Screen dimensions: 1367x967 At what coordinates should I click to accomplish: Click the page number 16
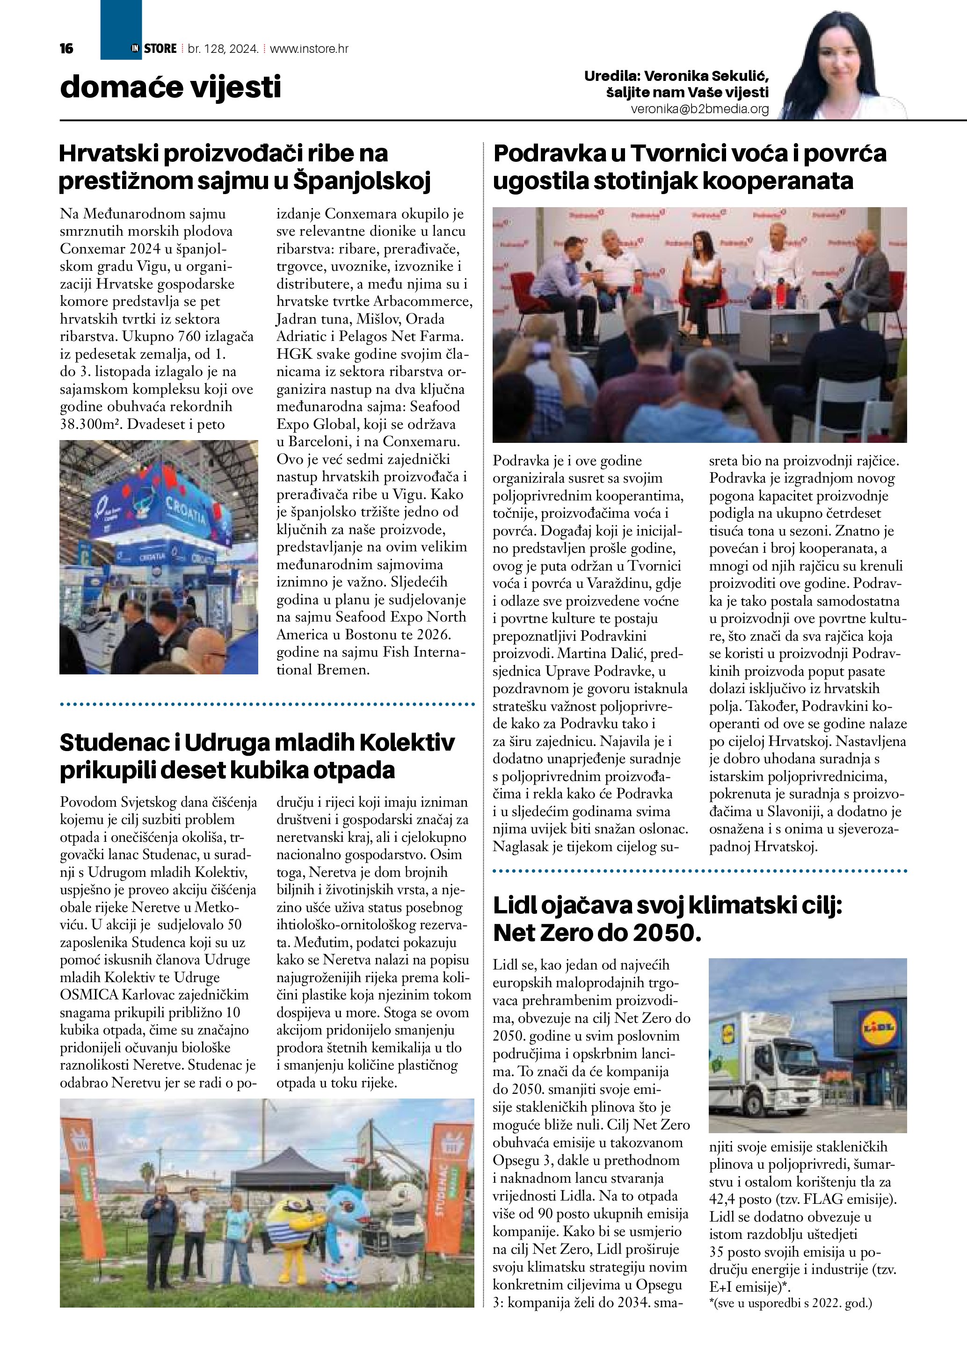66,48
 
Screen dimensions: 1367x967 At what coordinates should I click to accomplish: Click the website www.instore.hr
309,49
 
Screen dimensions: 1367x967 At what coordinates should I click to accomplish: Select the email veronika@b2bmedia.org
700,109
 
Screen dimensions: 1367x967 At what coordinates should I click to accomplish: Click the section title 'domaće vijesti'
170,87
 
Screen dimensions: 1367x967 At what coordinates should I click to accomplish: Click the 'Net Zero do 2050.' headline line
598,933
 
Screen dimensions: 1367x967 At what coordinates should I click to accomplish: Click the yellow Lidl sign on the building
878,1027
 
